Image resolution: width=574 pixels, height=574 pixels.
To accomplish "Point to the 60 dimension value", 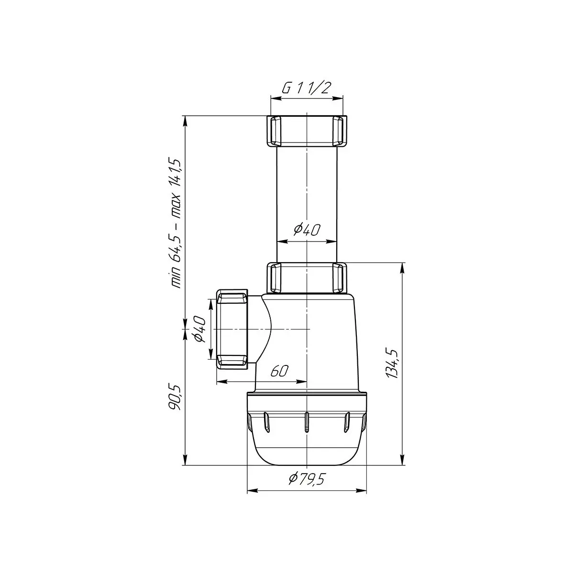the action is coord(279,371).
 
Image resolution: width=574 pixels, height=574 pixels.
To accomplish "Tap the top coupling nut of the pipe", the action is coord(307,131).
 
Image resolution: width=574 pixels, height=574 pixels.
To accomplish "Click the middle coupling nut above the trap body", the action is coord(307,277).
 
